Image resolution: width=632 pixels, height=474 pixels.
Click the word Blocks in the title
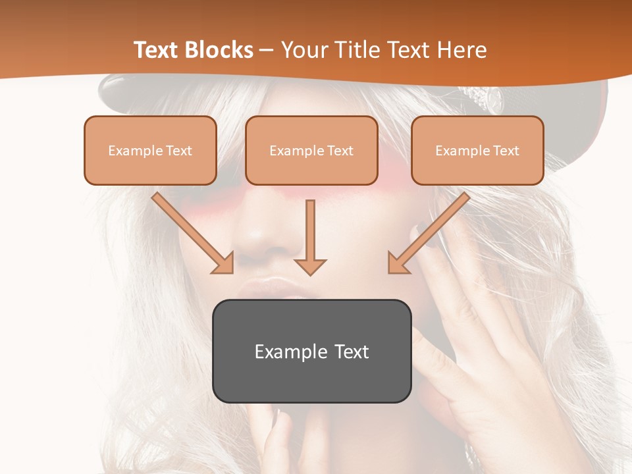pyautogui.click(x=220, y=50)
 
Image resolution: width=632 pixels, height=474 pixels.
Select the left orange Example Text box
pyautogui.click(x=150, y=151)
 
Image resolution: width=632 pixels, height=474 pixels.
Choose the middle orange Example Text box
pyautogui.click(x=311, y=151)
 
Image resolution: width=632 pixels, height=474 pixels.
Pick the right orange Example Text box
pyautogui.click(x=477, y=151)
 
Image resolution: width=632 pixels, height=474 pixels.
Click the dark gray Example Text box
pyautogui.click(x=311, y=351)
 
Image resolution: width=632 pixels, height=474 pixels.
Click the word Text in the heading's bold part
pyautogui.click(x=156, y=50)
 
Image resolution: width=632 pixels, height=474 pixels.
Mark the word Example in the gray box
pyautogui.click(x=282, y=352)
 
